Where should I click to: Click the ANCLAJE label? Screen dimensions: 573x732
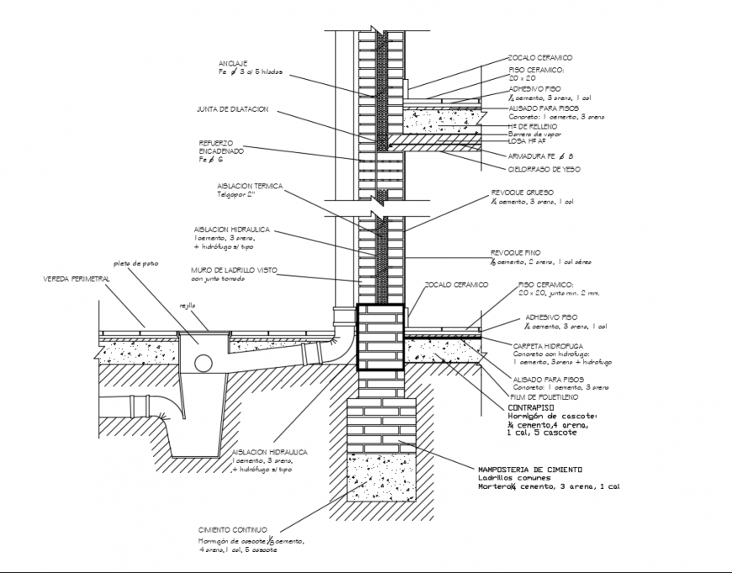pos(232,64)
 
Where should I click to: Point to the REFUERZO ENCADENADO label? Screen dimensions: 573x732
pos(221,146)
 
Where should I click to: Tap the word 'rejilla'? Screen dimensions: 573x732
pos(187,305)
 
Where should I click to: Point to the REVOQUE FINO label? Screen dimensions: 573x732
pos(516,252)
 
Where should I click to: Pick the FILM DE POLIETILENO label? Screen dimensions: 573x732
pos(543,395)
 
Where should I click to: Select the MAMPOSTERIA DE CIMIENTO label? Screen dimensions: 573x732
pos(529,469)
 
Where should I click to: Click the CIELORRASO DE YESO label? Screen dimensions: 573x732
pos(544,169)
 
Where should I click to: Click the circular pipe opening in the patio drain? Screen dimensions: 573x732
pos(203,363)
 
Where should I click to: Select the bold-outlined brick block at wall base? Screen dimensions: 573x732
pos(379,337)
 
